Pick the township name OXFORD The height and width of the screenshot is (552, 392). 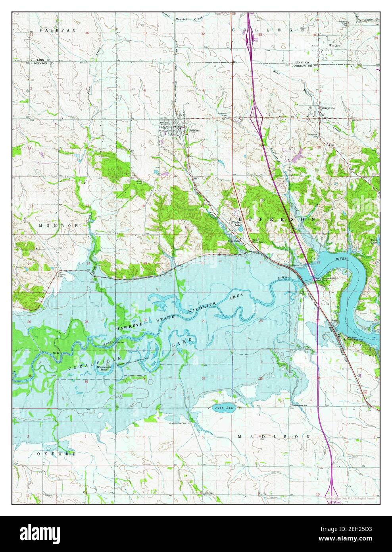56,453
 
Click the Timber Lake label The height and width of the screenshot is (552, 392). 236,224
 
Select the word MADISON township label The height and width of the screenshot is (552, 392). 273,436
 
